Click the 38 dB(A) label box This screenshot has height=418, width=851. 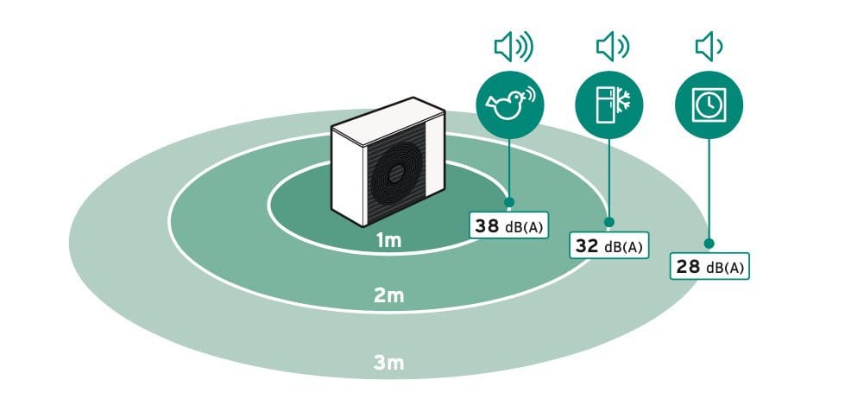tap(508, 225)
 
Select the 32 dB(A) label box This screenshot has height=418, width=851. tap(609, 245)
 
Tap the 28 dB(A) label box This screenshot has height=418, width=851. tap(709, 266)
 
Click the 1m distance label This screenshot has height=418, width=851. tap(388, 241)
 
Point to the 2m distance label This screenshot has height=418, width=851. tap(388, 296)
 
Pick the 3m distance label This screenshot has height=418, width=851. tap(388, 363)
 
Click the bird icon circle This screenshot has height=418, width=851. tap(509, 104)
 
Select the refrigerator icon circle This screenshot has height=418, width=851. tap(609, 104)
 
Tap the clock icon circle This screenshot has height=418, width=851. tap(709, 104)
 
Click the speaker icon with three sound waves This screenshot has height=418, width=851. tap(514, 47)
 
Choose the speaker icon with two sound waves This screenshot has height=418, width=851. tap(613, 47)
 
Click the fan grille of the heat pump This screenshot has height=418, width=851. tap(396, 174)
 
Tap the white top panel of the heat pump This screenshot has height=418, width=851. tap(388, 121)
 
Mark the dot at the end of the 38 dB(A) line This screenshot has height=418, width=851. tap(509, 202)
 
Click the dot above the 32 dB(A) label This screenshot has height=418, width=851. tap(609, 222)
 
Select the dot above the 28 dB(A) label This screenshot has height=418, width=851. tap(709, 244)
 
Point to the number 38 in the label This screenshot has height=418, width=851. tap(487, 225)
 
